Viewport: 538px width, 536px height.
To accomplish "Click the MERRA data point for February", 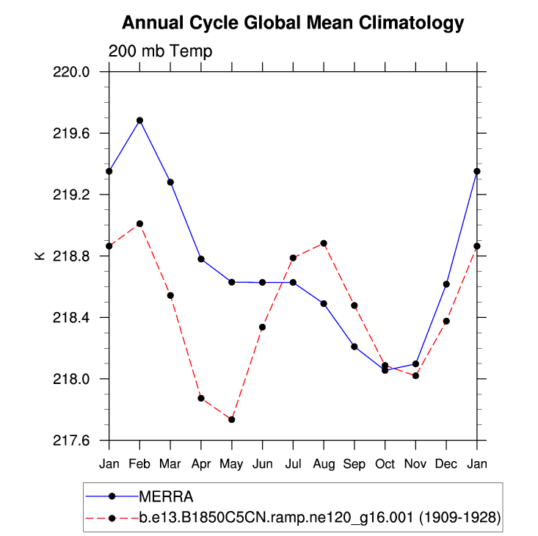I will [139, 120].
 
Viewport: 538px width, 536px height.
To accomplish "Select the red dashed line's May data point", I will [232, 419].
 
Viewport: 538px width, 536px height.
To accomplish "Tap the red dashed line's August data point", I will [324, 243].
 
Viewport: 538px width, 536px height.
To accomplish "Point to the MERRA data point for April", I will [201, 258].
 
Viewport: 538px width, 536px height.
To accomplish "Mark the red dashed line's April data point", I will [201, 398].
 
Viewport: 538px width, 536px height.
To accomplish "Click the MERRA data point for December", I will [446, 284].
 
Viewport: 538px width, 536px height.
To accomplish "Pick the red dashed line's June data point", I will [262, 327].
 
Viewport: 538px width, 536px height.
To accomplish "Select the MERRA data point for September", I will [355, 347].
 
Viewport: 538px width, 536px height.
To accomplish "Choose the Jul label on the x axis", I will [293, 464].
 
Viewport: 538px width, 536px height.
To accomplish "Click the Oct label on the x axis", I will [385, 464].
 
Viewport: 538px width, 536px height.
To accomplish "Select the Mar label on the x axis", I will [170, 464].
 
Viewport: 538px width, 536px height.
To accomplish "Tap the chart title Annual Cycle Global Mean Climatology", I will [293, 23].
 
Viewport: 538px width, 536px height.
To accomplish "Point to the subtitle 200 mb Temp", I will [161, 51].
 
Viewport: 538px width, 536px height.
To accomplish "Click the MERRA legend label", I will [166, 496].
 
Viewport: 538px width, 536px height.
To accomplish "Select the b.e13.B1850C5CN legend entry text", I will [320, 518].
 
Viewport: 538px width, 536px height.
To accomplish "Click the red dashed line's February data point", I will [139, 223].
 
